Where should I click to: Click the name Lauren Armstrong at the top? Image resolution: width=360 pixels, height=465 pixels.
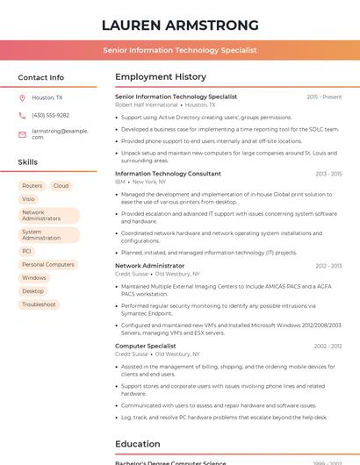click(180, 25)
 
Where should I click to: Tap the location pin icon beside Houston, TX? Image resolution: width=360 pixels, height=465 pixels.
click(22, 98)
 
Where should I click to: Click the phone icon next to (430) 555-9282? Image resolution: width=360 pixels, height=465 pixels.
click(22, 115)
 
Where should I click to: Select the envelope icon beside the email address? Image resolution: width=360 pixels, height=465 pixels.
click(22, 133)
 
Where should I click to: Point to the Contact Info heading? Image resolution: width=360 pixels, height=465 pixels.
click(41, 77)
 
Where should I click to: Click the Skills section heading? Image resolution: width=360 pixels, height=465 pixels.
click(28, 161)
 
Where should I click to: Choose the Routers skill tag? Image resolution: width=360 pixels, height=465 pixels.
click(32, 186)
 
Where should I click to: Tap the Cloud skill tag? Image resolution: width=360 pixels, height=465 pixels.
click(61, 186)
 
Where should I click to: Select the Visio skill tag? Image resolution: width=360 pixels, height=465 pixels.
click(29, 199)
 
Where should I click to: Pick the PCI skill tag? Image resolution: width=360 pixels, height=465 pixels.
click(27, 251)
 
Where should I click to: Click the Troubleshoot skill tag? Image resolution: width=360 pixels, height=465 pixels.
click(39, 304)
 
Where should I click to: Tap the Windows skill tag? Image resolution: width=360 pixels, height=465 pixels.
click(34, 277)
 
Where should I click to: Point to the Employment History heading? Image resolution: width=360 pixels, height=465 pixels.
click(161, 77)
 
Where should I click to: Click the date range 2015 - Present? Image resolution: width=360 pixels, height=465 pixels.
click(324, 97)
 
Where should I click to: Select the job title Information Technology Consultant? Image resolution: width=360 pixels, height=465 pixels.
click(168, 174)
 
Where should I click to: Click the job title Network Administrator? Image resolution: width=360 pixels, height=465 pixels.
click(150, 265)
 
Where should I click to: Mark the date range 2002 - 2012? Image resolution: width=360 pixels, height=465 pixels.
click(328, 347)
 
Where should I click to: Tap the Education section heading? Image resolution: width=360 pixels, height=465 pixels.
click(138, 444)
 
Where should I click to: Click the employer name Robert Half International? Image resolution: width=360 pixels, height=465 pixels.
click(146, 104)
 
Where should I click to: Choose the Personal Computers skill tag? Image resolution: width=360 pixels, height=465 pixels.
click(48, 264)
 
